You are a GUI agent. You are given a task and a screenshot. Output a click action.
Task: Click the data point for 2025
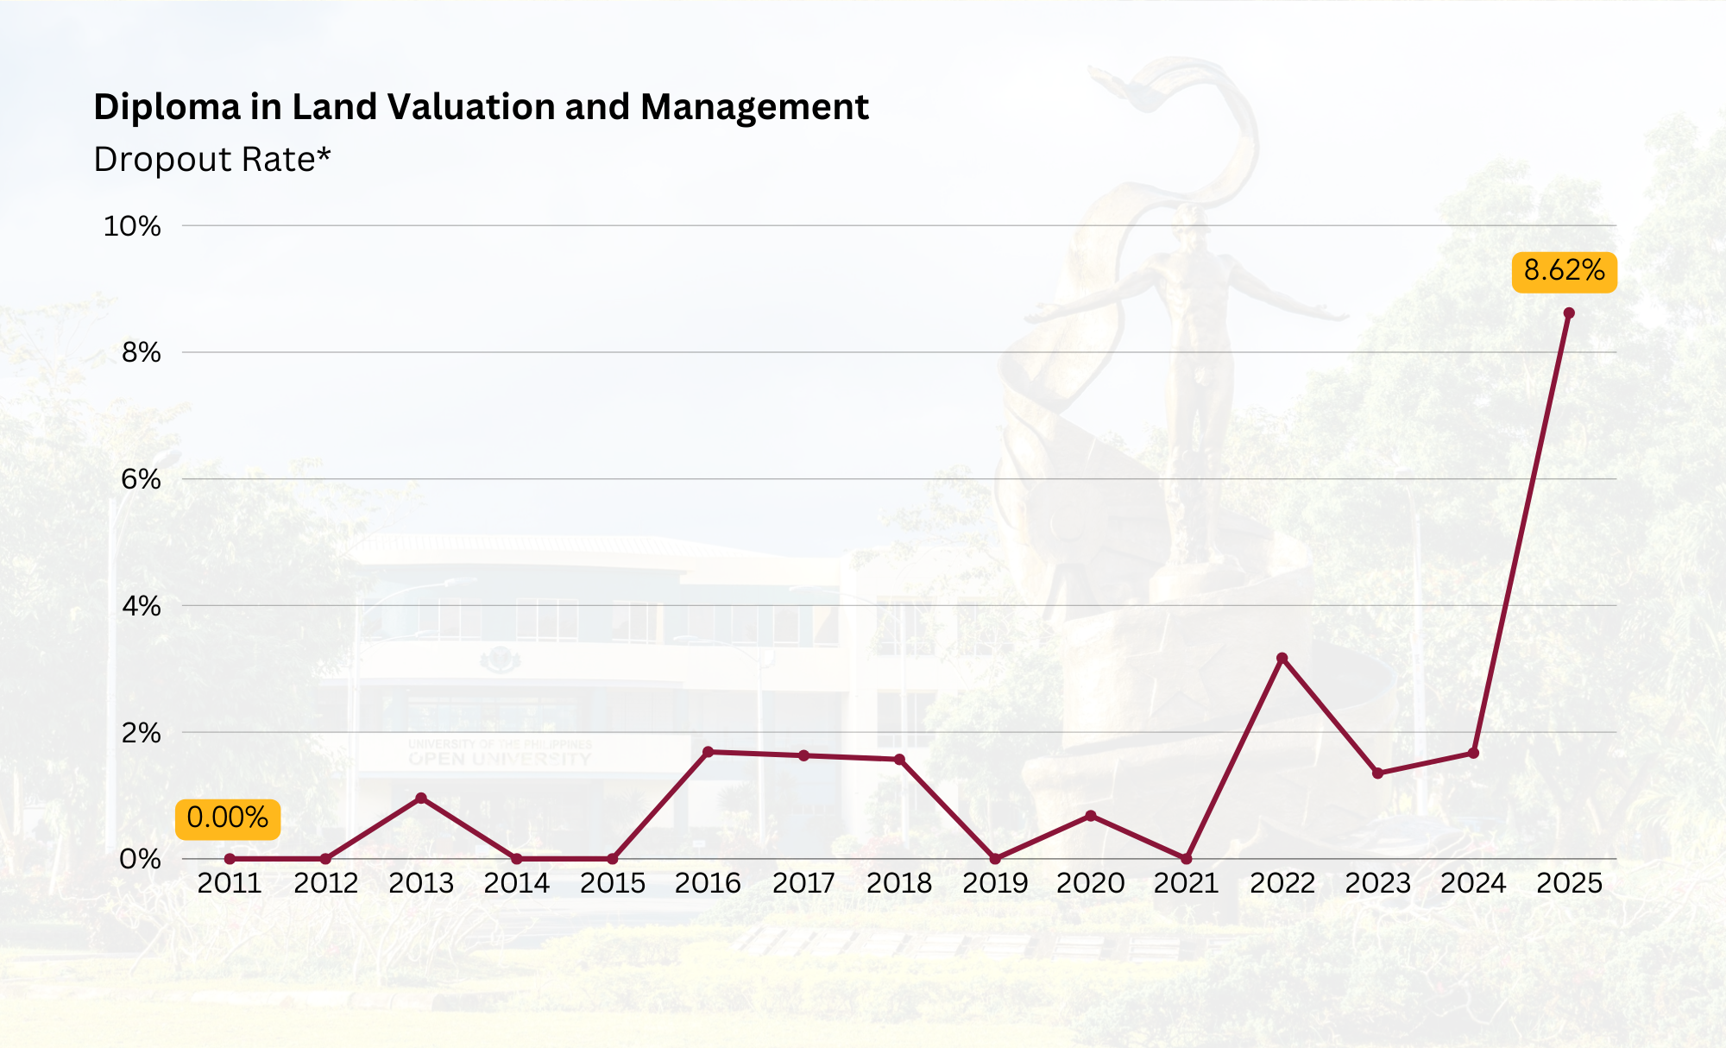click(1568, 313)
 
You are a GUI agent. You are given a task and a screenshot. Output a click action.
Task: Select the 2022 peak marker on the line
click(1282, 658)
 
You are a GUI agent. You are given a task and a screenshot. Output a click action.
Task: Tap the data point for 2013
click(421, 798)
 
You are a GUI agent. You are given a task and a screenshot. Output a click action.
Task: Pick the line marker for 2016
click(708, 752)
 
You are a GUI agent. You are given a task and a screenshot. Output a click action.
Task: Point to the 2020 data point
click(1090, 816)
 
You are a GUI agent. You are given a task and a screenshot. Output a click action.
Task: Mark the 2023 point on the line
click(1377, 773)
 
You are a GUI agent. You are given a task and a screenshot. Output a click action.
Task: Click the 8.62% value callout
click(1564, 272)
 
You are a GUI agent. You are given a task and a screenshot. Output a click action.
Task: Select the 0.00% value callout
click(228, 818)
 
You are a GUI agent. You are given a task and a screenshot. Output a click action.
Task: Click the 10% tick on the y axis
click(132, 226)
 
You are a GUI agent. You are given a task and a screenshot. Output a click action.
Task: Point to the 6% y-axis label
click(141, 479)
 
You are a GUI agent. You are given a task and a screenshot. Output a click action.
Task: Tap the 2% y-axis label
click(141, 733)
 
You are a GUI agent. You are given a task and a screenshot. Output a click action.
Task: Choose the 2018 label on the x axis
click(898, 883)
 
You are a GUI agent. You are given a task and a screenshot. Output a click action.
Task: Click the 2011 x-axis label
click(230, 883)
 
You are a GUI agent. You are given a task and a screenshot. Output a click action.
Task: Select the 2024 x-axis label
click(1473, 883)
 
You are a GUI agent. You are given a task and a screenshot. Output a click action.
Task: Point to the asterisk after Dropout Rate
click(324, 155)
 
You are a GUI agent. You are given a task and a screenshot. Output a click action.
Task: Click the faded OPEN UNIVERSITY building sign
click(500, 759)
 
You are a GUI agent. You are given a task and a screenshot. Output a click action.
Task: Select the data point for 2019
click(995, 859)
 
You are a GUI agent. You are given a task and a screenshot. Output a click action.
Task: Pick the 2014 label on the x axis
click(516, 883)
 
